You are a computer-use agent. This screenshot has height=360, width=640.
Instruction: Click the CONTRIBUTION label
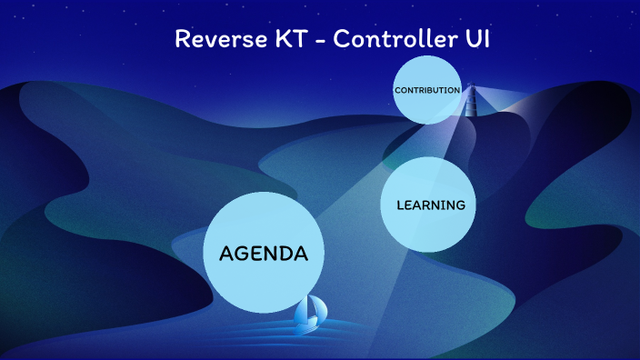[426, 90]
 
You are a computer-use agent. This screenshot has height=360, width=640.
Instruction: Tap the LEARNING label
[431, 205]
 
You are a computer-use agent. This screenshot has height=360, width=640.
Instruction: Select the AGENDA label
[264, 254]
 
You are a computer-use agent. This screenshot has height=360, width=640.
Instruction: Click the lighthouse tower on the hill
[471, 102]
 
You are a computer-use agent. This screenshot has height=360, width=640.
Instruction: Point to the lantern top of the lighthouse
[471, 86]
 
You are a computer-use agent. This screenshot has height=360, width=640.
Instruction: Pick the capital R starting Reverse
[181, 40]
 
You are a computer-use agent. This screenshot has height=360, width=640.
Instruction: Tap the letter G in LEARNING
[459, 205]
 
